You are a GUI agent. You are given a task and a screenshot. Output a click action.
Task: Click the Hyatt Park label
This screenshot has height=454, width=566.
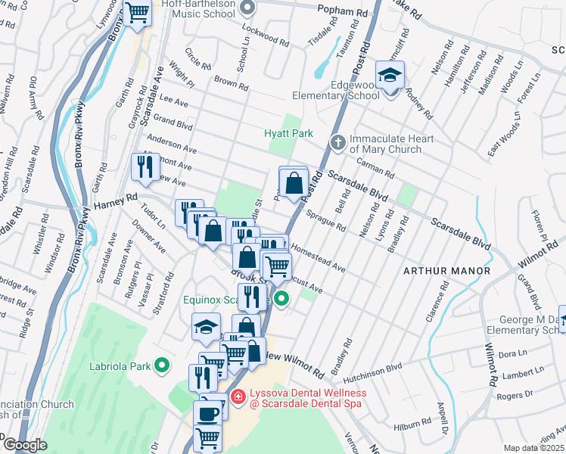tap(288, 133)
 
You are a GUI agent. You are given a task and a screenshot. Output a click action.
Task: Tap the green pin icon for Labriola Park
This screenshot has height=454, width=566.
tap(161, 365)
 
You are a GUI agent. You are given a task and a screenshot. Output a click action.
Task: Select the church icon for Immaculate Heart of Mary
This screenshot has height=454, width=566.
tap(338, 141)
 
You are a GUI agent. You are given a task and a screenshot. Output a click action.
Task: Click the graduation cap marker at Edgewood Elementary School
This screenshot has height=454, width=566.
tap(390, 76)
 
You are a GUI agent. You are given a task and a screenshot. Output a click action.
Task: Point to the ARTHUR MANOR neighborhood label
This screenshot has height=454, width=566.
tap(446, 270)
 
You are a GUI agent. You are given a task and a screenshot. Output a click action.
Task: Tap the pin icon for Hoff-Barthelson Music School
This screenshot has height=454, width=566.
tap(247, 8)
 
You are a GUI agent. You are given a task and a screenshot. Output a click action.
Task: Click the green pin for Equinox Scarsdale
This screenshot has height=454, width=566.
tap(281, 300)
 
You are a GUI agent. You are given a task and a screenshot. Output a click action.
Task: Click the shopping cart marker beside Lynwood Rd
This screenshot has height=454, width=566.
tap(137, 13)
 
